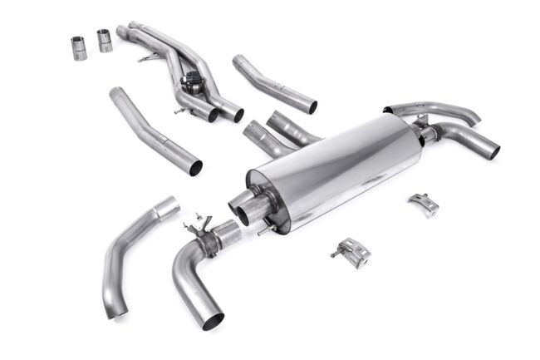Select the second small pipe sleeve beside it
[105, 40]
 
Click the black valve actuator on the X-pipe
[193, 85]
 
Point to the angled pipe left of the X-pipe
[154, 130]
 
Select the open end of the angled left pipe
[196, 167]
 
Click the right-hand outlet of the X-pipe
[237, 115]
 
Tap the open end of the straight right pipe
[312, 107]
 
